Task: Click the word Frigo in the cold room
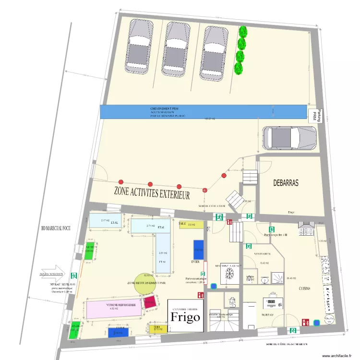tap(185, 318)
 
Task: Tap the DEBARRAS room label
tap(286, 183)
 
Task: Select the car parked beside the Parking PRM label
tap(289, 138)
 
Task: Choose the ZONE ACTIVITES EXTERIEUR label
tap(152, 192)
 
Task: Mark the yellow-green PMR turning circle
tap(143, 282)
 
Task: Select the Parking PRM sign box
tap(315, 115)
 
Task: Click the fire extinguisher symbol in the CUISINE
tap(304, 323)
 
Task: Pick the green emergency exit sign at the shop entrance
tap(74, 276)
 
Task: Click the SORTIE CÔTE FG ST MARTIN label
tap(286, 345)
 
